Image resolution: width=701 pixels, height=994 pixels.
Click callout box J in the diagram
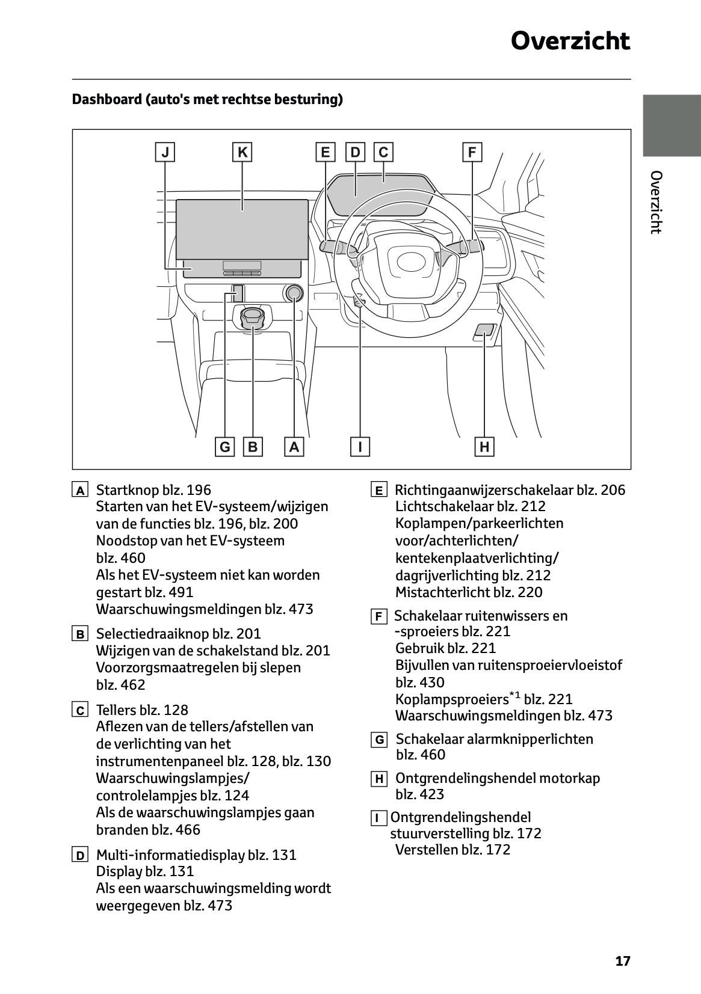(165, 152)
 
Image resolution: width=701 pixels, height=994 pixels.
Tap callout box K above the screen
(242, 152)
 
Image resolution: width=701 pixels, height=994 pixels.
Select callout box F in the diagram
(472, 152)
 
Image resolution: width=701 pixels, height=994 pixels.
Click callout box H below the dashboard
(484, 447)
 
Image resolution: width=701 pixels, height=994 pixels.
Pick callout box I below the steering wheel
(360, 447)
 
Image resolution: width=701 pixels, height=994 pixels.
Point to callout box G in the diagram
(225, 447)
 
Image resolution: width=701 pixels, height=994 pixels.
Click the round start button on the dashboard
(294, 293)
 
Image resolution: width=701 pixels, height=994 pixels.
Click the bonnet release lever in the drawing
(485, 330)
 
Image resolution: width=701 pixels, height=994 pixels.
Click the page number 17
(623, 961)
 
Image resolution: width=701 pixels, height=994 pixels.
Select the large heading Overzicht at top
(570, 41)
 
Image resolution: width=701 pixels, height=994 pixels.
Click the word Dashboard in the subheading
(106, 99)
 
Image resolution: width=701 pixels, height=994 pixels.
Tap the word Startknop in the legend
(126, 490)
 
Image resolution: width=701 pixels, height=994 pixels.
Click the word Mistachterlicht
(442, 592)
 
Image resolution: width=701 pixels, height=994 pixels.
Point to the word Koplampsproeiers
(451, 699)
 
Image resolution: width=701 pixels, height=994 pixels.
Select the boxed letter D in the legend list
(80, 855)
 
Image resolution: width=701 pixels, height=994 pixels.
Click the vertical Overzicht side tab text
(656, 202)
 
